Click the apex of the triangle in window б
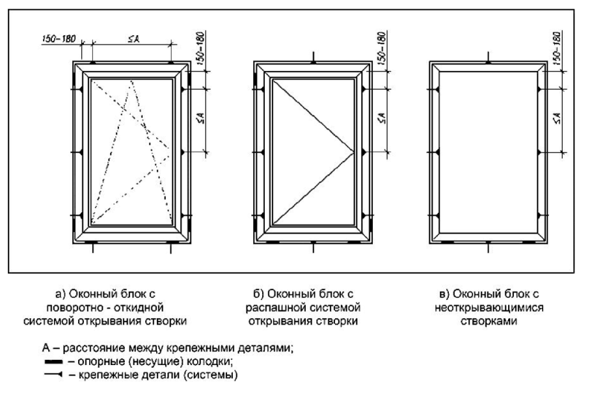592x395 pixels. pos(353,152)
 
